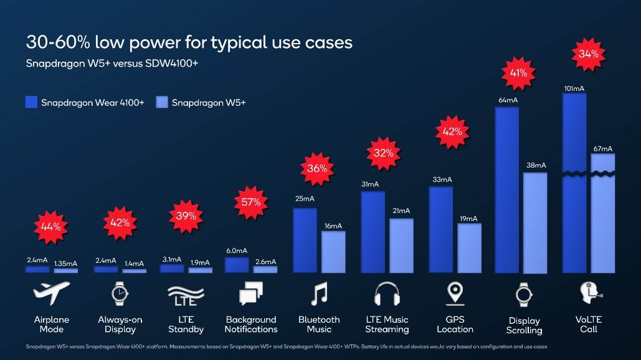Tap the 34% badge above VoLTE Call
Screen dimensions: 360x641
588,54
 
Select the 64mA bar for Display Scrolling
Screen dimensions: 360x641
506,190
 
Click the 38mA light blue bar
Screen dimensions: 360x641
535,222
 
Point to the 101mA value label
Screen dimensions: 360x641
574,89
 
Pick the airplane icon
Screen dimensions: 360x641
51,293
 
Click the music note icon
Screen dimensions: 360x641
319,293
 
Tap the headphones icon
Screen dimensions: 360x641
387,293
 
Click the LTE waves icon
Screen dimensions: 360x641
186,293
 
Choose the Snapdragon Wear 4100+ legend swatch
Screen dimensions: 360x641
31,102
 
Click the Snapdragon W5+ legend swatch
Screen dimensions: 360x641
162,102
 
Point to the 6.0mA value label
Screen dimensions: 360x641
236,250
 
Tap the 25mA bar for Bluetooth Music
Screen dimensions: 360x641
305,240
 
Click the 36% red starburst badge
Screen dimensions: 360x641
318,168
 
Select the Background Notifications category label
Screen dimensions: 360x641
251,324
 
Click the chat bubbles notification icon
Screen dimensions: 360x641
251,293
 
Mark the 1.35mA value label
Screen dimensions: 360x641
65,263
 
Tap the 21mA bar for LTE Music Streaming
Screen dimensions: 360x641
401,245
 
